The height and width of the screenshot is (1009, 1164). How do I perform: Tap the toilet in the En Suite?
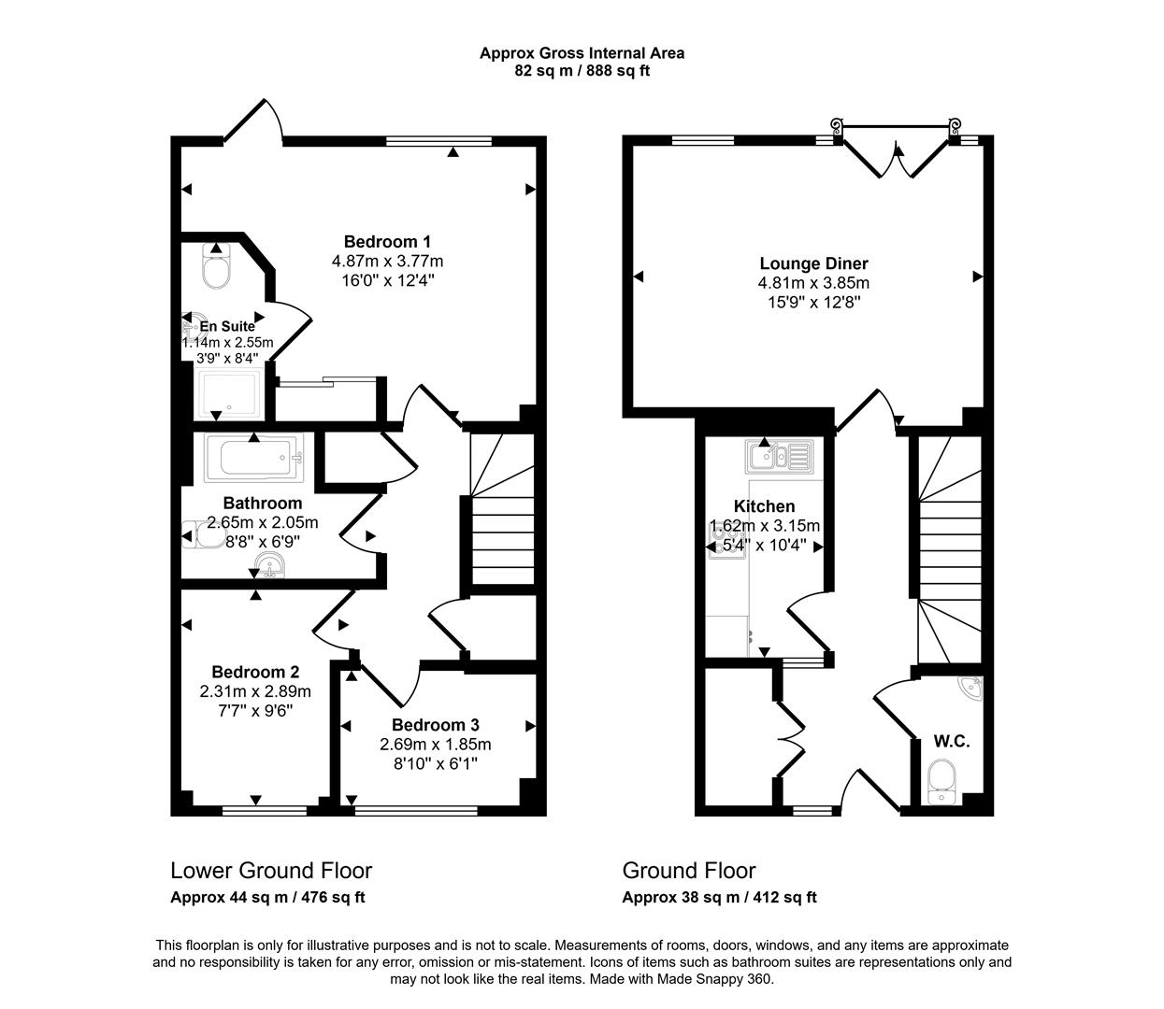point(216,271)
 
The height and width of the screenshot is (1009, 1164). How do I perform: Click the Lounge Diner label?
point(813,263)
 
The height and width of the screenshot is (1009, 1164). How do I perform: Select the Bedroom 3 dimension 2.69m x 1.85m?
point(435,745)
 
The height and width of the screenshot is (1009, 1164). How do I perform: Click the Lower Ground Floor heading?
point(271,871)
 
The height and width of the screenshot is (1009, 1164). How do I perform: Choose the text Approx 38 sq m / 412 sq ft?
point(719,898)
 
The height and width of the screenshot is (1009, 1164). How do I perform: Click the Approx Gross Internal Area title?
point(582,53)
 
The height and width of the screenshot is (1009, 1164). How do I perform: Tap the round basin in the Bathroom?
point(271,565)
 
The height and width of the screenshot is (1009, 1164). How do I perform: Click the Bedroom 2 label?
point(255,672)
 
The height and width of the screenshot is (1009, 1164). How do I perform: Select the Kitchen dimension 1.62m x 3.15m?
point(765,526)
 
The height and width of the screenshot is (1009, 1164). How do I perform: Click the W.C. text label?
point(952,742)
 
